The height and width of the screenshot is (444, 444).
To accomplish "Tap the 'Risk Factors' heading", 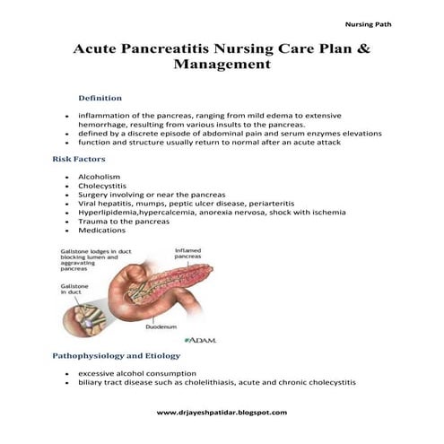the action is click(x=80, y=158).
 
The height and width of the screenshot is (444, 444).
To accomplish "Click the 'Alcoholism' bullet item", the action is click(x=99, y=177).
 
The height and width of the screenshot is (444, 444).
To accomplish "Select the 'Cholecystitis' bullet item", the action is click(x=103, y=186).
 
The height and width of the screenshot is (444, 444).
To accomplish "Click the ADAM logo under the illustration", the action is click(x=200, y=341).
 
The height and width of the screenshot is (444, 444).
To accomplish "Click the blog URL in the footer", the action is click(x=222, y=412).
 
